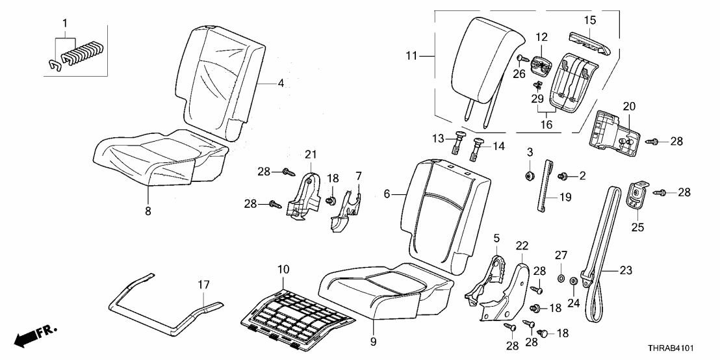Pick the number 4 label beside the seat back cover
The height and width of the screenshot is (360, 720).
click(281, 83)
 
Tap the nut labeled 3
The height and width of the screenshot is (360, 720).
click(530, 175)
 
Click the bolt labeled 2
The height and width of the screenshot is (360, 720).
click(563, 175)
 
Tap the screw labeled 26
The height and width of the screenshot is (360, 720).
click(521, 59)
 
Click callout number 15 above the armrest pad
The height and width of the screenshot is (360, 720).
click(589, 21)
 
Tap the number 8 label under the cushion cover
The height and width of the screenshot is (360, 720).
click(148, 211)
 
